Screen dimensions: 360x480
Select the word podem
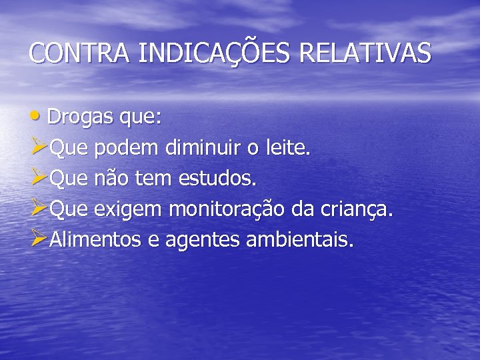124,149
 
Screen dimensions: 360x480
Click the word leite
288,148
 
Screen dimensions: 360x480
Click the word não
114,179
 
